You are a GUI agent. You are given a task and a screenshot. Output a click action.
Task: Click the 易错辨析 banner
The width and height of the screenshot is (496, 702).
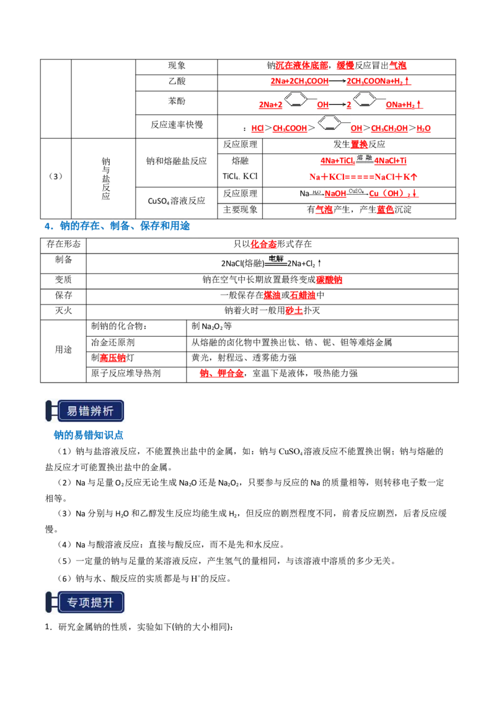pos(84,411)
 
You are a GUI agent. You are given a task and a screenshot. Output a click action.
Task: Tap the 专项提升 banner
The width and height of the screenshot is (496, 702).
pos(84,602)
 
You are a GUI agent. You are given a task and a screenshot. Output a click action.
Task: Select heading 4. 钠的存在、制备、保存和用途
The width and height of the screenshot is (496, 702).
pos(117,226)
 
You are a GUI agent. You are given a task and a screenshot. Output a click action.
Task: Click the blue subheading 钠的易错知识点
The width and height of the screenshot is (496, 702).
pos(88,435)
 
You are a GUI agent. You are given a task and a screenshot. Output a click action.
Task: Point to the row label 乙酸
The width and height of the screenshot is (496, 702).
pos(176,81)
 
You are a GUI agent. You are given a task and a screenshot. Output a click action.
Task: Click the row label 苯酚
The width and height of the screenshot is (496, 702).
pos(176,101)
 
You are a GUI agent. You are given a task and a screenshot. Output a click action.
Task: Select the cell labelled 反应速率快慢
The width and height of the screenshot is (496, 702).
pos(176,125)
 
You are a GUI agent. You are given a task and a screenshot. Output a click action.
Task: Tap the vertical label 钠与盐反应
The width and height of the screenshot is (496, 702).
pos(105,178)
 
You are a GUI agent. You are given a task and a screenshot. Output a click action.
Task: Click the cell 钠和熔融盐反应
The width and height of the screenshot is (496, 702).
pos(176,161)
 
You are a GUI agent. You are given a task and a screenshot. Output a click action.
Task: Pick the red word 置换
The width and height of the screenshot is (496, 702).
pos(359,144)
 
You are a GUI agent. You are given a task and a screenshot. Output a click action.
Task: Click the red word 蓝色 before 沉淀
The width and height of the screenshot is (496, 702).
pos(385,210)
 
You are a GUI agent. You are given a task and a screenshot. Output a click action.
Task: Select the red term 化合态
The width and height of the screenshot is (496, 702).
pos(263,244)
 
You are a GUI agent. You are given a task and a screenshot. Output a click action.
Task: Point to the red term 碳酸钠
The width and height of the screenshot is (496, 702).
pos(329,280)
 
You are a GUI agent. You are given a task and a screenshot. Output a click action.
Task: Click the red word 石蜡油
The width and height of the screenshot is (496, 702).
pos(303,295)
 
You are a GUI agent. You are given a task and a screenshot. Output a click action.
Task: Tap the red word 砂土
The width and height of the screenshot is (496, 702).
pos(294,311)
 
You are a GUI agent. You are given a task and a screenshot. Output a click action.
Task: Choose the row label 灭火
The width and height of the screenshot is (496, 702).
pos(63,311)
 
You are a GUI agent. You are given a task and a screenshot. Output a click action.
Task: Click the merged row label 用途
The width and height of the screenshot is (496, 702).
pos(63,350)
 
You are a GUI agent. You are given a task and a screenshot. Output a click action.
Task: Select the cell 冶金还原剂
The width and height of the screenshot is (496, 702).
pos(113,342)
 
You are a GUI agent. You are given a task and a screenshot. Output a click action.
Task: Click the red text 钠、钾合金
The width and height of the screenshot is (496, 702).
pos(221,373)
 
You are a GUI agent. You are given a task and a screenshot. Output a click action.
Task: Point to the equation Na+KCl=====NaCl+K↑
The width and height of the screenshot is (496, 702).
pos(363,177)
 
